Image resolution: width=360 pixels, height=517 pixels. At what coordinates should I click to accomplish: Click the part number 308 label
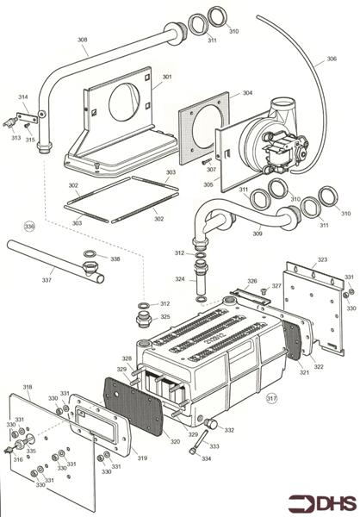(x=82, y=40)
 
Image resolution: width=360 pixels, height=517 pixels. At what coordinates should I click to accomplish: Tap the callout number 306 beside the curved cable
(x=331, y=60)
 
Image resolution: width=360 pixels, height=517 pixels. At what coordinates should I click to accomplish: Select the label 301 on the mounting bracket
(x=167, y=78)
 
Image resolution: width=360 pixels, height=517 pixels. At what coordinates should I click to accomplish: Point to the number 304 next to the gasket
(x=247, y=93)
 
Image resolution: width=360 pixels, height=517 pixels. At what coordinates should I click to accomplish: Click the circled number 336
(x=30, y=227)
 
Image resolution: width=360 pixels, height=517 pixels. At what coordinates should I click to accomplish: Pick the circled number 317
(x=272, y=398)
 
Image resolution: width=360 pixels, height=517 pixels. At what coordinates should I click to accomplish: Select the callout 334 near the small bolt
(x=207, y=458)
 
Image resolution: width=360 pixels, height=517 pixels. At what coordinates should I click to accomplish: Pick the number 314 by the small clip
(x=22, y=97)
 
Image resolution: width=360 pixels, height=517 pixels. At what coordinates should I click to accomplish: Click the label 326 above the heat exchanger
(x=252, y=281)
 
